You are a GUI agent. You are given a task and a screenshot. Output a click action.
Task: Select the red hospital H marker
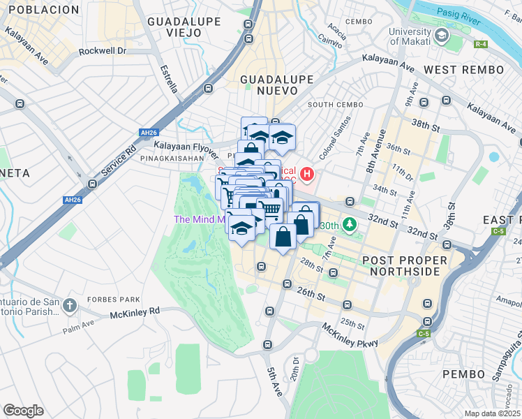pos(308,172)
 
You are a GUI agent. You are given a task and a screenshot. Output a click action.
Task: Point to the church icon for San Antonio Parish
pos(69,305)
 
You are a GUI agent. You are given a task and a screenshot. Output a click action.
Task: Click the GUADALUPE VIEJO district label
pos(184,22)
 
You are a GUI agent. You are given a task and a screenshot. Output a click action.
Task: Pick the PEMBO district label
pos(463,374)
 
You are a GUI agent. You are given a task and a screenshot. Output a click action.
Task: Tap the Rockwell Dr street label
pos(102,51)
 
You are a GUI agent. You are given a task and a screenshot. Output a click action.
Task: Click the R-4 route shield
pos(481,45)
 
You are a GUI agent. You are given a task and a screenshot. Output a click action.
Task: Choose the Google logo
pos(24,411)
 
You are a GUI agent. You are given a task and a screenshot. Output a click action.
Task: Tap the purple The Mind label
pos(199,219)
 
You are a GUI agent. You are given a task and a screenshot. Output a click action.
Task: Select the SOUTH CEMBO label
pos(335,104)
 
